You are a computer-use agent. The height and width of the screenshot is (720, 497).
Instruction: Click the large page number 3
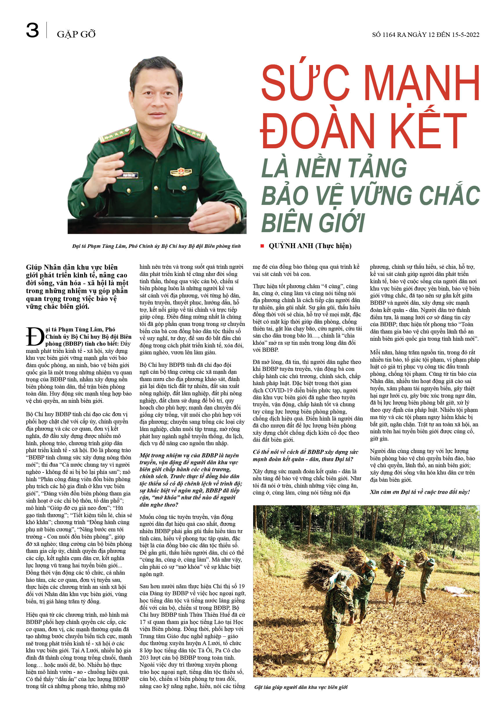pos(32,30)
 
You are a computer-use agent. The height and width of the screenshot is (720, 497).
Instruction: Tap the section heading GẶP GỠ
pos(76,34)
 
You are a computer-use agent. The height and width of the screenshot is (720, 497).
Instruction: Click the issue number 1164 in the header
pos(388,35)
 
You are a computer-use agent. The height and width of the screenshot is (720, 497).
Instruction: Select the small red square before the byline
pos(262,246)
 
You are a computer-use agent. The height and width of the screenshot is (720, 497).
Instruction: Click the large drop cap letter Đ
pos(35,337)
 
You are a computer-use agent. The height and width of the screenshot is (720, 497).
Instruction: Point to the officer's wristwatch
pos(237,214)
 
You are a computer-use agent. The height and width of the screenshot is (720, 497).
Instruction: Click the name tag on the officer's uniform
pos(128,175)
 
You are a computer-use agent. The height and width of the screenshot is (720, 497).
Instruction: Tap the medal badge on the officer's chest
pos(181,172)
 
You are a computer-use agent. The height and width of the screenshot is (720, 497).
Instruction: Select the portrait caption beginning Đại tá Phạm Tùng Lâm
pos(156,246)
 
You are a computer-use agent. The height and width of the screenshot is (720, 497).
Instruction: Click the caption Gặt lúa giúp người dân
pos(301,687)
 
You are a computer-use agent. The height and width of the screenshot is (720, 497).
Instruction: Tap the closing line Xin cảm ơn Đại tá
pos(420,492)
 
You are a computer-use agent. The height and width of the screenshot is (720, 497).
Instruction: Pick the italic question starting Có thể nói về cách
pos(305,455)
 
